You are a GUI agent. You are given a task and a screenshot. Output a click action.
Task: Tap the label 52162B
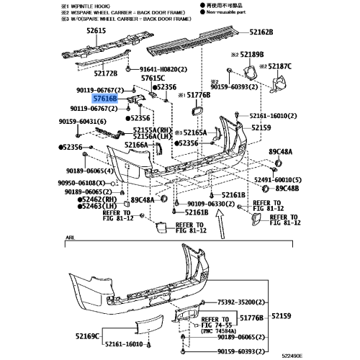pyautogui.click(x=262, y=32)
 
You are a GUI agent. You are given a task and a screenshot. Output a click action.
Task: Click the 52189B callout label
pyautogui.click(x=249, y=55)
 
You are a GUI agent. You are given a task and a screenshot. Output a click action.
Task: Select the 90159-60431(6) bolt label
pyautogui.click(x=87, y=124)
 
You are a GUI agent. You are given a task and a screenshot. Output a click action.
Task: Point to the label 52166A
pyautogui.click(x=135, y=145)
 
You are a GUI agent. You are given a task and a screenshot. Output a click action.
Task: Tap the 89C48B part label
pyautogui.click(x=287, y=189)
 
